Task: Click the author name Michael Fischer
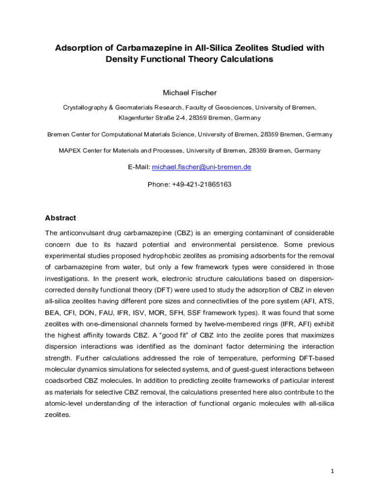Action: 189,93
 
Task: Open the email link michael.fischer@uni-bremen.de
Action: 201,167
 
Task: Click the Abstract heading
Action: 60,218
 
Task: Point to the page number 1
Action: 332,471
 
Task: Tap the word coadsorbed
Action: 63,380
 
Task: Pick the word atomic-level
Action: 64,403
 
